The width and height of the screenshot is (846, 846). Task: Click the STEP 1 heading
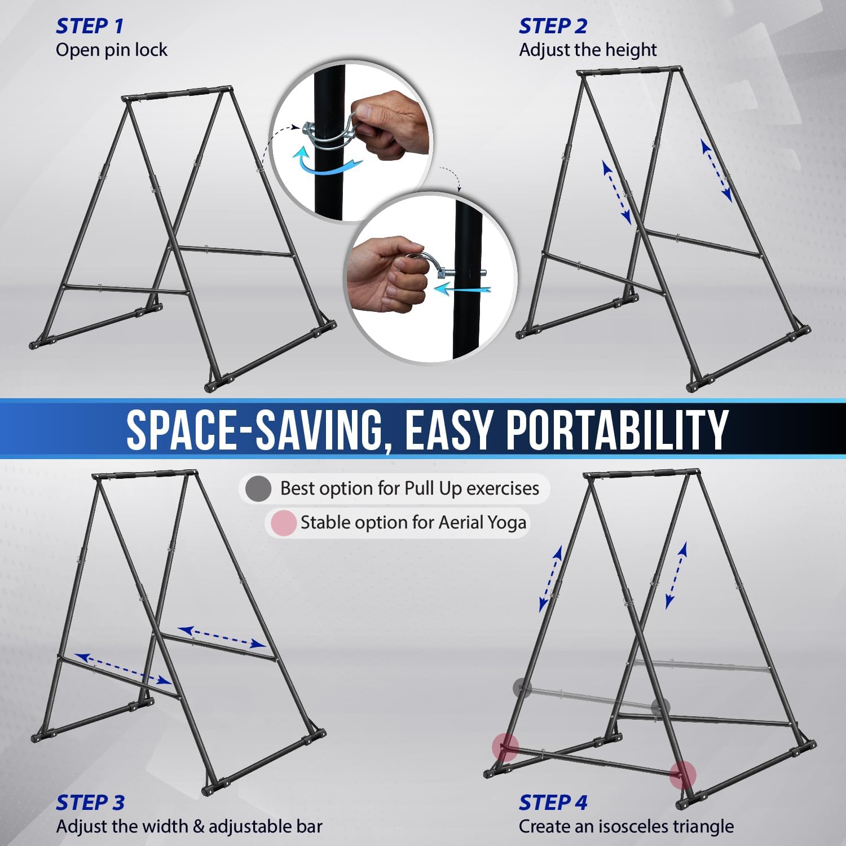coord(89,26)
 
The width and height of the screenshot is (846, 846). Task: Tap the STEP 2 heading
coord(553,26)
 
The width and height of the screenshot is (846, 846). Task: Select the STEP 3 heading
coord(90,802)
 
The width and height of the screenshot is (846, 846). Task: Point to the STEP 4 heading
coord(553,802)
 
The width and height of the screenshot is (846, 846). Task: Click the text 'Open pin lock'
coord(112,50)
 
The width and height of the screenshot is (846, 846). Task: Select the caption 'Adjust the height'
coord(588,50)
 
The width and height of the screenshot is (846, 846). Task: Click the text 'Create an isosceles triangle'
coord(626,826)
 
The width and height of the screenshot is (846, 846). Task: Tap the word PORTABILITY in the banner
coord(617,429)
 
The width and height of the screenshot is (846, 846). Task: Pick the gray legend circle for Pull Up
coord(258,489)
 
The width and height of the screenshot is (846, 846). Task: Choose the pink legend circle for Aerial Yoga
coord(283,523)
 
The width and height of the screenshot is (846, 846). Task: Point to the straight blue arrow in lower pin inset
coord(464,290)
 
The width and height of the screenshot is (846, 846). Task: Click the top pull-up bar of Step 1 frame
coord(177,93)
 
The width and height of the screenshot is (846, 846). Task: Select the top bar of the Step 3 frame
coord(145,474)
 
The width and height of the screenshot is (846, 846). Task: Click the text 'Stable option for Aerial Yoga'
coord(413,523)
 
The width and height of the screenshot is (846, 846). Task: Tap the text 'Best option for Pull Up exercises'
coord(409,488)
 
